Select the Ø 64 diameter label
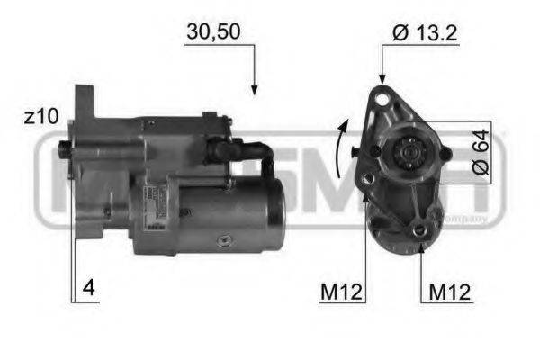click(x=480, y=152)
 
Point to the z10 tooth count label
click(x=40, y=117)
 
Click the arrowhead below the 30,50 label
click(x=255, y=89)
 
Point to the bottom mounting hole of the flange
click(x=420, y=235)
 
